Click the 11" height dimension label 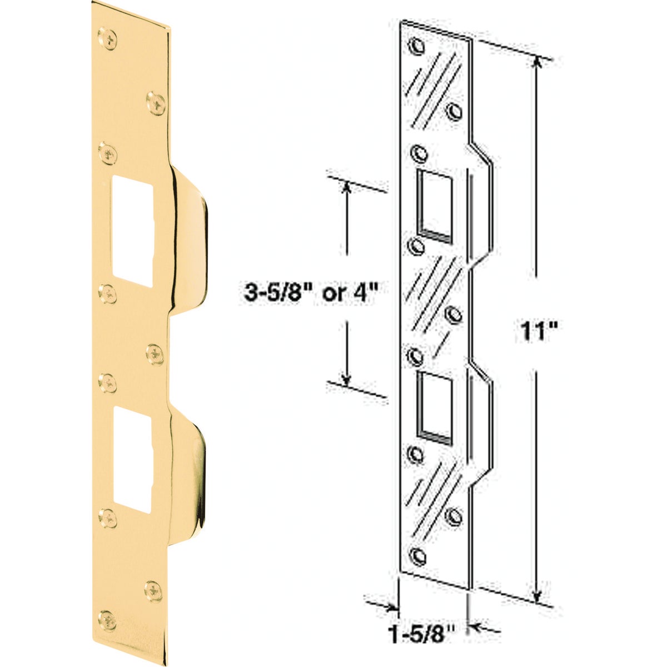[537, 332]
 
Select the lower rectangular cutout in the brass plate [132, 459]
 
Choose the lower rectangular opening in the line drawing [435, 402]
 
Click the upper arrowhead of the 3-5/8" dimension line [347, 187]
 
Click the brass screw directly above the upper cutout [109, 154]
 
